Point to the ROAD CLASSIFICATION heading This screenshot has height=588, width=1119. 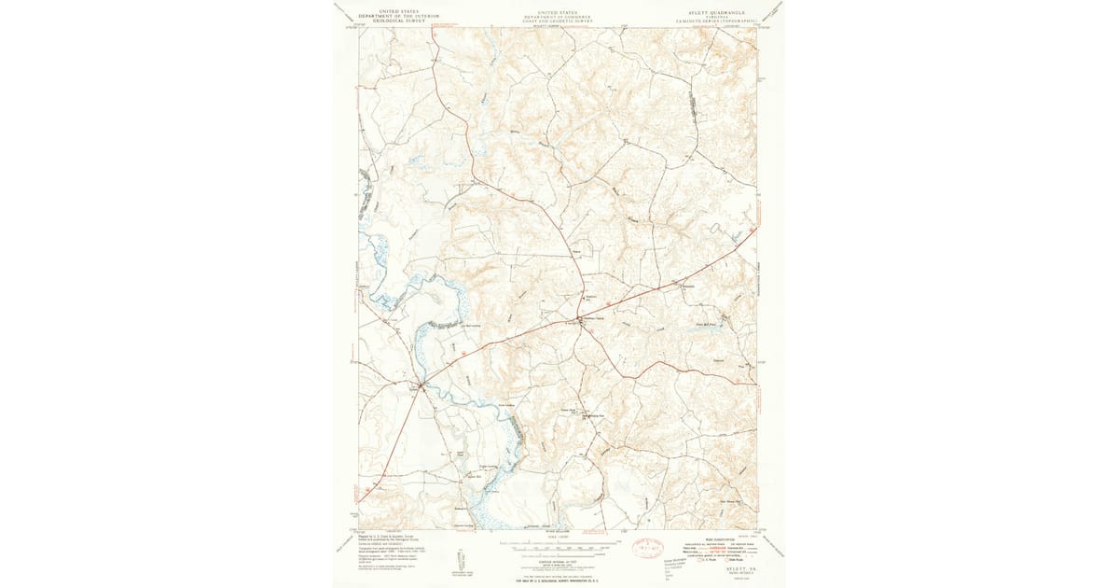(x=710, y=538)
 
